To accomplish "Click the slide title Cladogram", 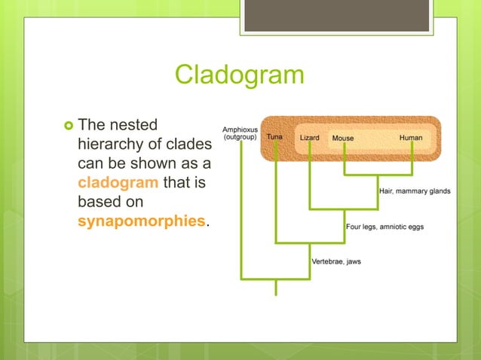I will [x=239, y=75].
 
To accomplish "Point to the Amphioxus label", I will [x=240, y=130].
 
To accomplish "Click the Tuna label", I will [x=274, y=139].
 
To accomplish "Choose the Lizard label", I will [x=309, y=139].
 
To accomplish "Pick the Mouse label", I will [x=343, y=139].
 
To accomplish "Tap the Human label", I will [x=411, y=139].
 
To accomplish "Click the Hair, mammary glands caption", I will [x=414, y=191].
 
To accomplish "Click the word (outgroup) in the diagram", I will [x=240, y=138].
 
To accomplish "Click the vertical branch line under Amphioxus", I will [x=241, y=211].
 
